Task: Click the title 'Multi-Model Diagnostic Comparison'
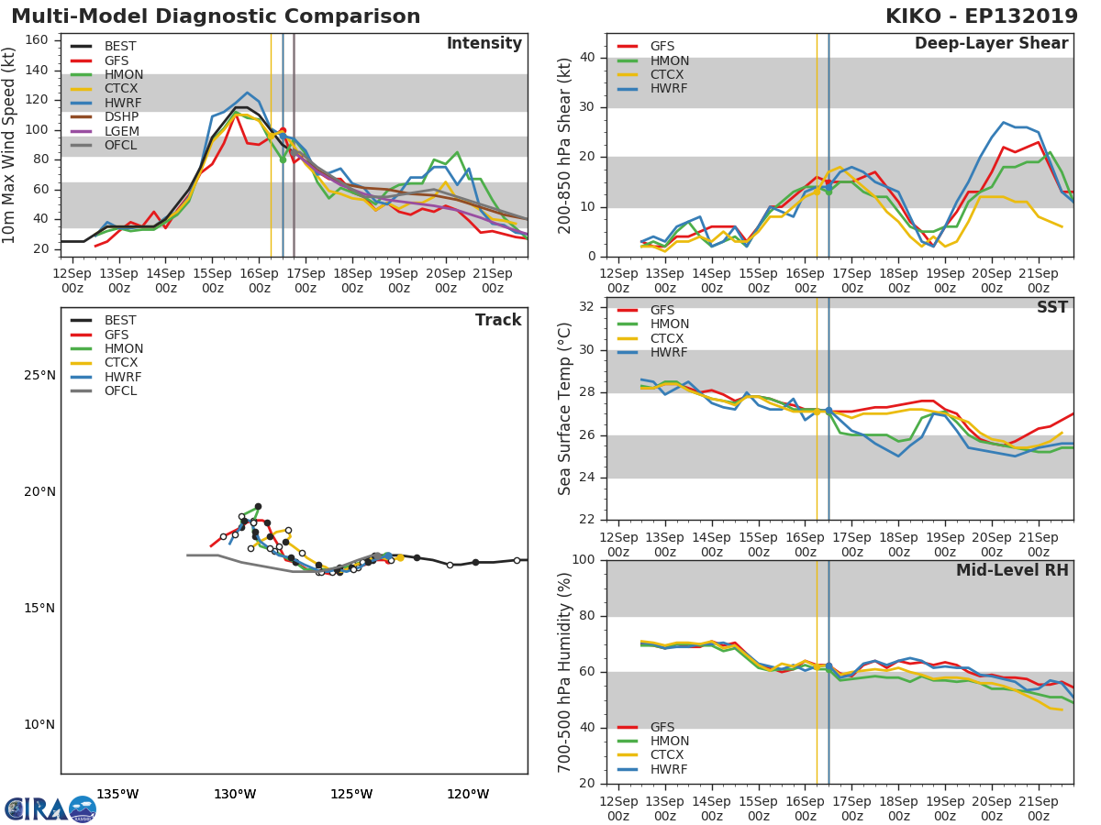pos(216,16)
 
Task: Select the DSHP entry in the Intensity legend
pos(121,117)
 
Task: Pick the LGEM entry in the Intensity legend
pos(121,131)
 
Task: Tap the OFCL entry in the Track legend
pos(120,391)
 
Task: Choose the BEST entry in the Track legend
pos(120,321)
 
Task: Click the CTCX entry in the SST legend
pos(669,339)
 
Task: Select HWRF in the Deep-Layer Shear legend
pos(669,89)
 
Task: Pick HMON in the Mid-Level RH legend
pos(669,742)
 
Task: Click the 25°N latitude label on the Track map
pos(39,376)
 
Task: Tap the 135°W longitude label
pos(117,794)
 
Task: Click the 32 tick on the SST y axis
pos(587,307)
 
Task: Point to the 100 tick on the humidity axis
pos(584,560)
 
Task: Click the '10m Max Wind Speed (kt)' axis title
pos(10,145)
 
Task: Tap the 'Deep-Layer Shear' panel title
pos(991,44)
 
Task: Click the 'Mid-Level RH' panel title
pos(1012,570)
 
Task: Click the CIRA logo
pos(50,809)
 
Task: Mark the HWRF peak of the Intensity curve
pos(247,93)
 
